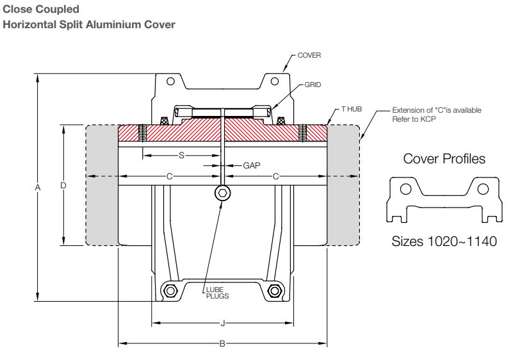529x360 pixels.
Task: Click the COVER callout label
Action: tap(309, 55)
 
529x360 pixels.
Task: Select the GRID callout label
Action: tap(313, 85)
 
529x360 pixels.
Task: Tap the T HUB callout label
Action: tap(351, 110)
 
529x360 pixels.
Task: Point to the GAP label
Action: tap(252, 165)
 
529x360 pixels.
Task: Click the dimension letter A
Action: tap(38, 187)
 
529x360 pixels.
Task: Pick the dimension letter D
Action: tap(63, 185)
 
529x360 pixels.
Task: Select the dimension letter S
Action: tap(181, 155)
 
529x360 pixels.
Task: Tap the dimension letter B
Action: tap(222, 344)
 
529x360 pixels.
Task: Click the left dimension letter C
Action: tap(169, 176)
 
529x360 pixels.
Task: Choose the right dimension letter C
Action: tap(275, 176)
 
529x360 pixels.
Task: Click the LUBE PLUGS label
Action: tap(217, 293)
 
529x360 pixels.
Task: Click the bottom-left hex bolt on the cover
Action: tap(170, 291)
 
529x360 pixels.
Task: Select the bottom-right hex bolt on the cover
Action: tap(274, 291)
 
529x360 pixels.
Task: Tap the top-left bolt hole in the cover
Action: tap(170, 81)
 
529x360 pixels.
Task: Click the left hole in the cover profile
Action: tap(405, 189)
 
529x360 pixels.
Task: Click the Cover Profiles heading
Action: tap(444, 159)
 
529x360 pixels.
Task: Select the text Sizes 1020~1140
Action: tap(444, 241)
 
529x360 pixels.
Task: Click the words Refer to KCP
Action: tap(414, 119)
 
